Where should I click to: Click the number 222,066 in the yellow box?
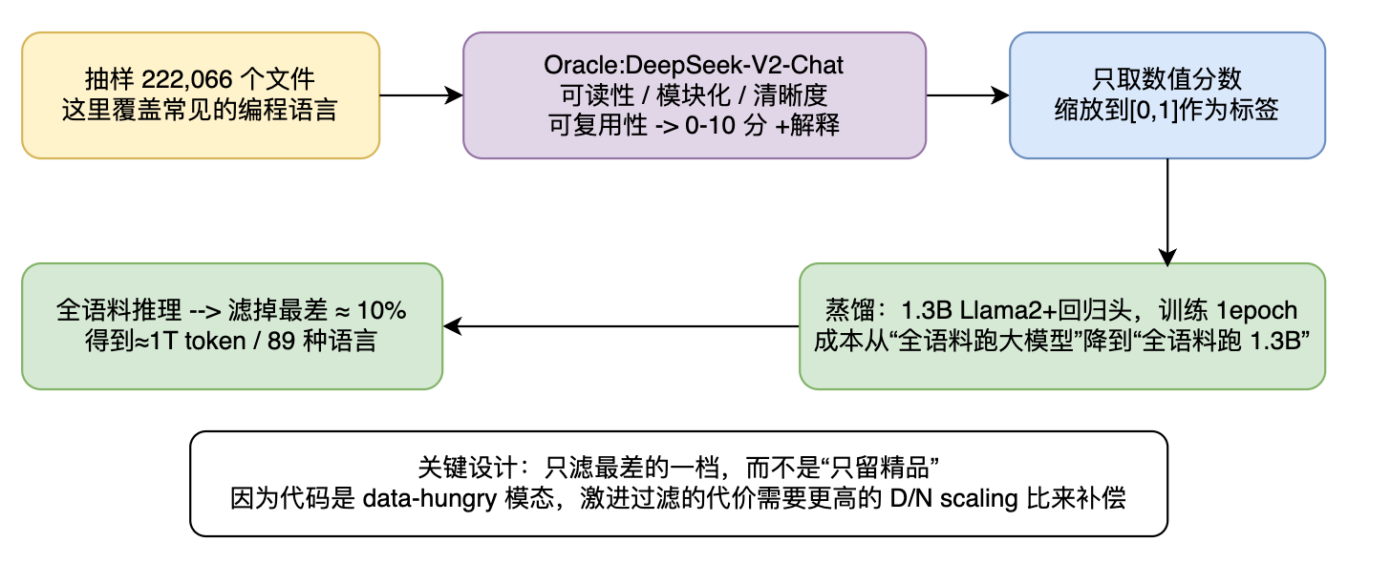click(x=187, y=80)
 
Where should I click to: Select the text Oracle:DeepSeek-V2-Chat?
click(x=694, y=65)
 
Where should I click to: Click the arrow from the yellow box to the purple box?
click(x=421, y=95)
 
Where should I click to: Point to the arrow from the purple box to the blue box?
click(x=968, y=95)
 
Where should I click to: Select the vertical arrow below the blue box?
click(x=1167, y=212)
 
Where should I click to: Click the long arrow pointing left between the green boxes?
click(x=621, y=326)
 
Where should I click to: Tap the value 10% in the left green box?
click(x=382, y=310)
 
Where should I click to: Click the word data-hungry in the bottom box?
click(x=430, y=499)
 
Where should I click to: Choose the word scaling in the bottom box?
click(x=978, y=499)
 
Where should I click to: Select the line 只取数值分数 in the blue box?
click(x=1166, y=79)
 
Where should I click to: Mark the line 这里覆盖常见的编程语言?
click(x=200, y=110)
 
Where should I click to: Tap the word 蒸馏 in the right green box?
click(x=850, y=310)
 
